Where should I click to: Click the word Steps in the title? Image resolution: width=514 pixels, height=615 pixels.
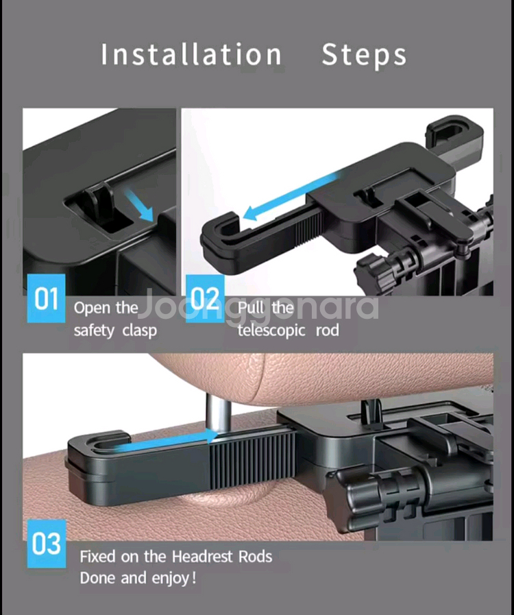[364, 56]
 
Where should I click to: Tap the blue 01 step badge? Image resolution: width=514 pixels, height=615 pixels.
[46, 298]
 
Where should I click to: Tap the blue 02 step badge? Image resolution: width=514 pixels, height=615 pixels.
[205, 298]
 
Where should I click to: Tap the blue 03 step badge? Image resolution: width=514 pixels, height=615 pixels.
[47, 544]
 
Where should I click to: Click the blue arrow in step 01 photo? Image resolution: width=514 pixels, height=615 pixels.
[139, 204]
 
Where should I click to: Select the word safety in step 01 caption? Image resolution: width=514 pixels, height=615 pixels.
[94, 330]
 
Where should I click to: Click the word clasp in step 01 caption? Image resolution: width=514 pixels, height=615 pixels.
[140, 330]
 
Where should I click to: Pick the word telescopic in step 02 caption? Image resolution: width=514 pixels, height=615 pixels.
[271, 330]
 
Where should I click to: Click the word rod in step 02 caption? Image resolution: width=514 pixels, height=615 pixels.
[328, 330]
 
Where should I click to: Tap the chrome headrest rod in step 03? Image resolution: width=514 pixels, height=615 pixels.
[219, 413]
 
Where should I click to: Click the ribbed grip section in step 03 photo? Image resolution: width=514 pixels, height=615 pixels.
[252, 461]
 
